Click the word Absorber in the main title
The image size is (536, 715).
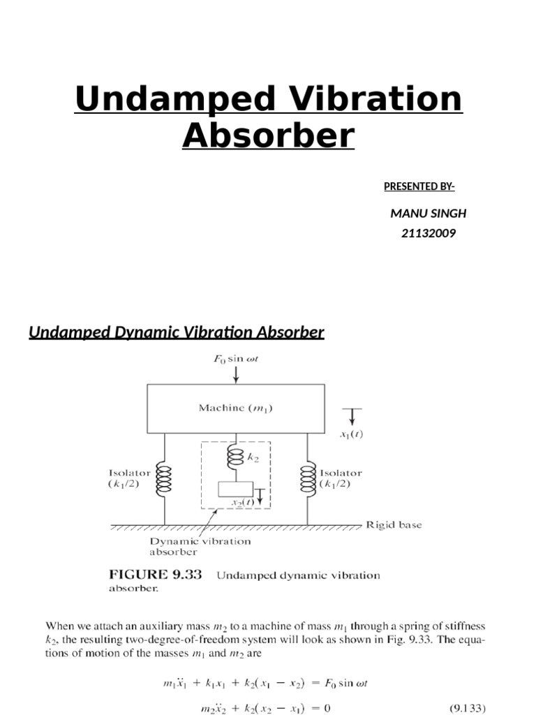click(x=268, y=135)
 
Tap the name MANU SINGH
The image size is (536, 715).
click(x=428, y=213)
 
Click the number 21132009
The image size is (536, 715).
click(x=429, y=233)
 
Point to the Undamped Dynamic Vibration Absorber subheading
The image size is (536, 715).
click(x=176, y=332)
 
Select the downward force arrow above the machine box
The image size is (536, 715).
click(x=236, y=374)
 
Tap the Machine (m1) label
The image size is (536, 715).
click(x=235, y=408)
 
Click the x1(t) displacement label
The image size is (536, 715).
click(x=351, y=434)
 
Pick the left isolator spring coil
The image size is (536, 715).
click(x=165, y=479)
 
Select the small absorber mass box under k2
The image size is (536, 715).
click(x=235, y=489)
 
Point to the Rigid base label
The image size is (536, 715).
click(x=394, y=525)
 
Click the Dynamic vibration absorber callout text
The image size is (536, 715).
click(x=200, y=546)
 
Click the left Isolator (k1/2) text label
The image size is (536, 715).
click(x=128, y=478)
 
